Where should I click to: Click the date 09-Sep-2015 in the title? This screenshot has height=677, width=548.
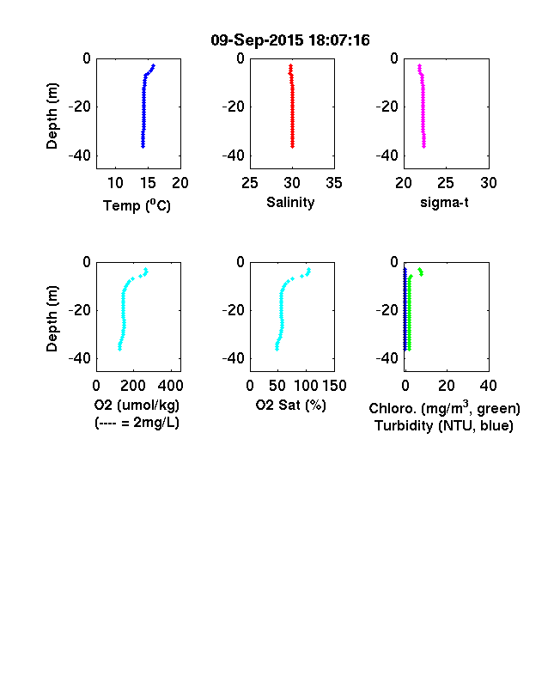click(257, 40)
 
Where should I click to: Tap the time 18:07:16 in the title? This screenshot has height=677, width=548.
click(339, 40)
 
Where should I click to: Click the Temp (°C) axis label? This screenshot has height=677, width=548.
click(137, 205)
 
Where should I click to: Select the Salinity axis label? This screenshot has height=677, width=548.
click(290, 202)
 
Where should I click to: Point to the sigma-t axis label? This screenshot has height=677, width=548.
click(444, 202)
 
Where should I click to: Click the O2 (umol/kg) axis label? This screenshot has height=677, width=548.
click(137, 405)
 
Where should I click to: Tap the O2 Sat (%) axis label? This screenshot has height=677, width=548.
click(291, 405)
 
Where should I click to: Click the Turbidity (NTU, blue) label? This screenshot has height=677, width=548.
click(444, 426)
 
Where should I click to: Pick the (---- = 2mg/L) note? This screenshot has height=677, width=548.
click(137, 422)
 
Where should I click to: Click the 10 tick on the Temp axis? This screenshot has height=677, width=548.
click(115, 183)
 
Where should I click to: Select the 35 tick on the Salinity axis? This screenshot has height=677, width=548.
click(334, 183)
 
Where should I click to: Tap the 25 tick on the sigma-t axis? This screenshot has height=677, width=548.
click(445, 183)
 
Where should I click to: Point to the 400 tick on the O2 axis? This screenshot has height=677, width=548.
click(171, 386)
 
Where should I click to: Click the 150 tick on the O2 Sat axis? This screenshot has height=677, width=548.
click(334, 386)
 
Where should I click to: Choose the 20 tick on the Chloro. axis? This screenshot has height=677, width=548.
click(446, 386)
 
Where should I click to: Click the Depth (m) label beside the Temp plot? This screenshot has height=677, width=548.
click(52, 116)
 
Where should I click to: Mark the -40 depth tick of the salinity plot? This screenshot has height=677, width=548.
click(234, 156)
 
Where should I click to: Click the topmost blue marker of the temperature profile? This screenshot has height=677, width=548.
click(153, 65)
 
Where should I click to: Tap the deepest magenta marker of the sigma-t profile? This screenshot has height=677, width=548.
click(424, 146)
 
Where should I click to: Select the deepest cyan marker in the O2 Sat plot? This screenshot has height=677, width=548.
click(277, 349)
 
